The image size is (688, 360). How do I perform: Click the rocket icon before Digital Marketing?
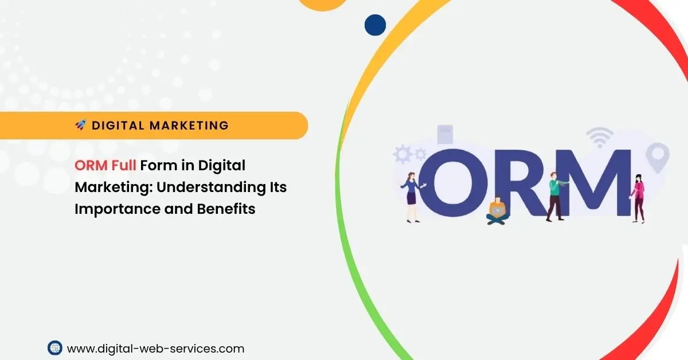(80, 125)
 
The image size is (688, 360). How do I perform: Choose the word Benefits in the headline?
(226, 209)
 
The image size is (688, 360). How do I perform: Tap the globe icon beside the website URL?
(54, 347)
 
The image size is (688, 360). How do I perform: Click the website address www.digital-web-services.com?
(155, 348)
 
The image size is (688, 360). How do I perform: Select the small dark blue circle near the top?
(375, 25)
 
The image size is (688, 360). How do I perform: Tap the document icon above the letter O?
(445, 134)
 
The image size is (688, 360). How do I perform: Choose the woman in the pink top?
(638, 197)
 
